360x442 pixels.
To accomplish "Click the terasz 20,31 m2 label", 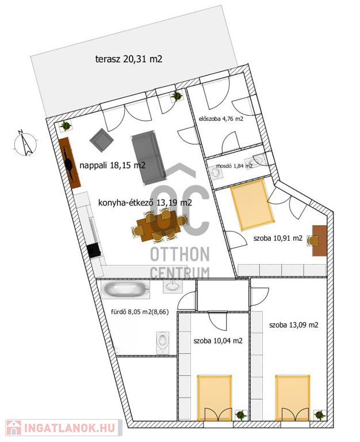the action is click(x=129, y=59).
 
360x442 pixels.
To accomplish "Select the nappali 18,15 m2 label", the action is click(x=112, y=165).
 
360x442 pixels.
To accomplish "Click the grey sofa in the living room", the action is click(x=148, y=158).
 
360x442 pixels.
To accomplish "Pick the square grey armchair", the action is click(x=101, y=140).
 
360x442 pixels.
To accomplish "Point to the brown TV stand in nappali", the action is click(x=70, y=163).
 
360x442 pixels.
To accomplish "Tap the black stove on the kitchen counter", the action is click(x=94, y=250).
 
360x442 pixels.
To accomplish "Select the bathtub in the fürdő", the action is click(x=125, y=289).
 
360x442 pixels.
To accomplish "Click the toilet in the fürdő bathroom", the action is click(x=163, y=342).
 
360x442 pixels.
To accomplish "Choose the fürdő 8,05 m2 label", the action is click(x=140, y=312).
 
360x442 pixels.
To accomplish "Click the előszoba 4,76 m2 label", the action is click(x=221, y=119).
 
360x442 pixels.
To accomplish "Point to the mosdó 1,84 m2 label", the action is click(x=234, y=166).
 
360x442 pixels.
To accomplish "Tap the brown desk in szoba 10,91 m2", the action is click(x=319, y=241).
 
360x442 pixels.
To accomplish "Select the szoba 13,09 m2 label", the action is click(x=294, y=325).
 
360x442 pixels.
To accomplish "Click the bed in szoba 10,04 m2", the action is click(x=215, y=398).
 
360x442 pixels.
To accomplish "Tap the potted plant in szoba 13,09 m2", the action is click(x=320, y=415).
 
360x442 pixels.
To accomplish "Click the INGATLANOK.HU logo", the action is click(x=64, y=428).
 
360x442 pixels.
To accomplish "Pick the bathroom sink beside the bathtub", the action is click(x=173, y=287).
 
